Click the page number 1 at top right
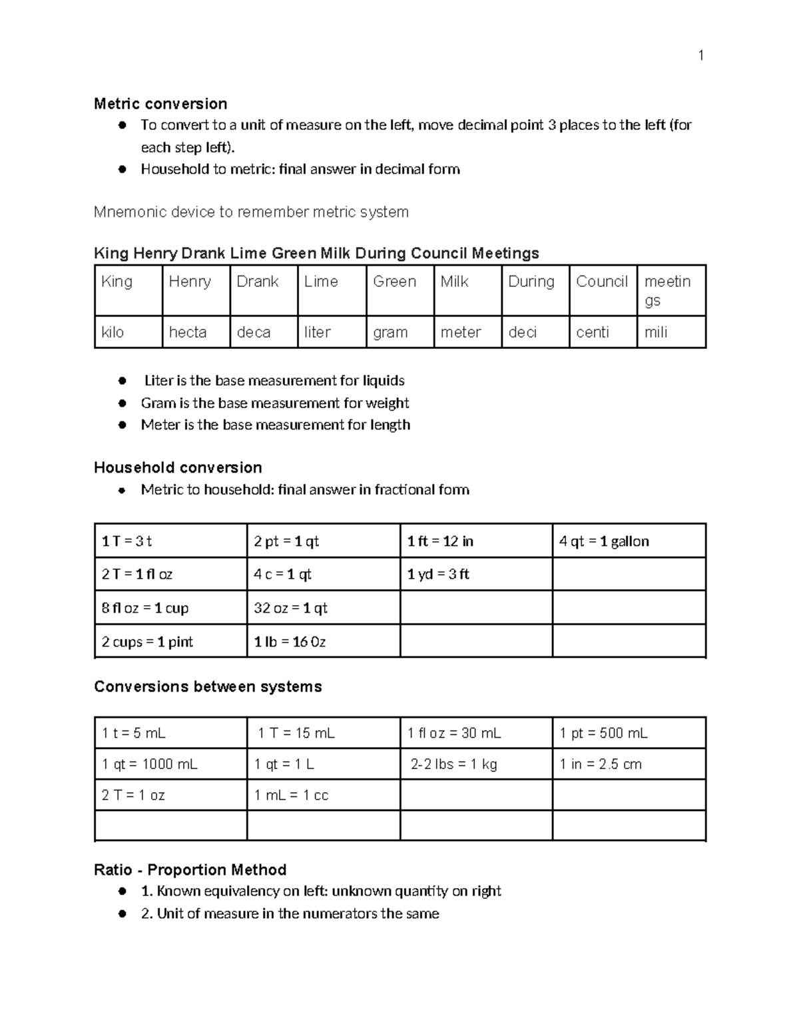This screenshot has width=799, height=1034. pyautogui.click(x=700, y=55)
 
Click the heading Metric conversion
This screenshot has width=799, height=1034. pyautogui.click(x=160, y=104)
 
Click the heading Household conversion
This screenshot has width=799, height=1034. pyautogui.click(x=178, y=467)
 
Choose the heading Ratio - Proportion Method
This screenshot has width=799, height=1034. pyautogui.click(x=190, y=870)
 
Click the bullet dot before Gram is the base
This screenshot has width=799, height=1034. pyautogui.click(x=122, y=403)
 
